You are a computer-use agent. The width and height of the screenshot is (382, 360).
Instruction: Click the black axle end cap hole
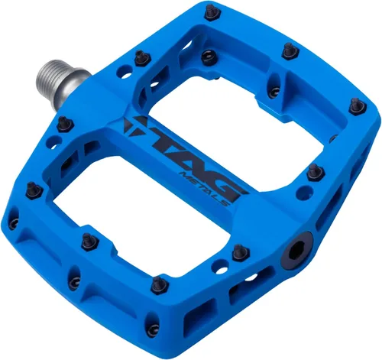coord(296,252)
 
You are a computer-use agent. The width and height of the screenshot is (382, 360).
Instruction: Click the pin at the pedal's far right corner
coord(353,106)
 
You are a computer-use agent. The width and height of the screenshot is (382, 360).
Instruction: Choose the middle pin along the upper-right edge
coord(287,51)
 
